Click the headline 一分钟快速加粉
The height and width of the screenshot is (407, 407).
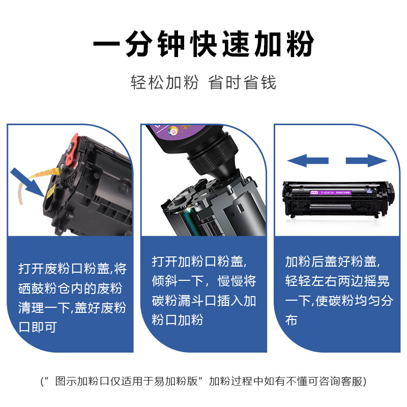pyautogui.click(x=203, y=44)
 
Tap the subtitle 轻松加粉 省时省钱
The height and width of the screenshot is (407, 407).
pyautogui.click(x=203, y=82)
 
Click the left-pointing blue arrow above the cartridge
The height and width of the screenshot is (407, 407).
pyautogui.click(x=308, y=161)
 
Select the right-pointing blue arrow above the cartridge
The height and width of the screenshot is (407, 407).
pyautogui.click(x=366, y=161)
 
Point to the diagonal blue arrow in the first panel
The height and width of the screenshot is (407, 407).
pyautogui.click(x=28, y=183)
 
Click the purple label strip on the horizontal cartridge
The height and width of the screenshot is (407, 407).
pyautogui.click(x=330, y=192)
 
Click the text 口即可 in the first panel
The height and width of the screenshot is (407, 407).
pyautogui.click(x=38, y=327)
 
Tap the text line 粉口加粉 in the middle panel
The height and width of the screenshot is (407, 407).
pyautogui.click(x=178, y=320)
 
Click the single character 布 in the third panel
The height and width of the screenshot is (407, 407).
pyautogui.click(x=291, y=320)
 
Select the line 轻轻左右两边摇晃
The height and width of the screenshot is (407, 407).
pyautogui.click(x=337, y=281)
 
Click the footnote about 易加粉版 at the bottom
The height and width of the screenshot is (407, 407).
pyautogui.click(x=203, y=381)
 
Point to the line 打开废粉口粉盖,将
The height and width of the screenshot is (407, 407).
pyautogui.click(x=72, y=269)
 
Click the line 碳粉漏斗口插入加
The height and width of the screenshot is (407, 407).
pyautogui.click(x=204, y=301)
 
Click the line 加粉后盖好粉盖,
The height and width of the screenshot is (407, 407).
pyautogui.click(x=333, y=261)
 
